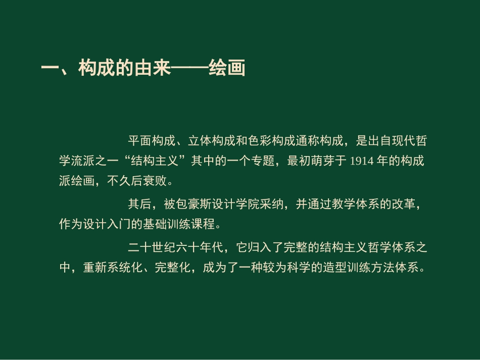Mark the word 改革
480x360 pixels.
click(404, 204)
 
